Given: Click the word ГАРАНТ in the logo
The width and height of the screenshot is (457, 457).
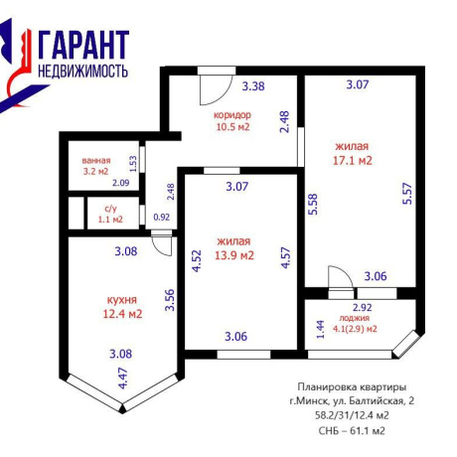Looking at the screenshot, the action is tap(83, 45).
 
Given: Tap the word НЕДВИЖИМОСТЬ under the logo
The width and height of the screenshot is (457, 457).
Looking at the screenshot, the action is tap(82, 71).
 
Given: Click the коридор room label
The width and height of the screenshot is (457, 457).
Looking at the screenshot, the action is tap(232, 115).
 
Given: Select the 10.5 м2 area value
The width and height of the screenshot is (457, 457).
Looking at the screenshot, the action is tap(232, 126).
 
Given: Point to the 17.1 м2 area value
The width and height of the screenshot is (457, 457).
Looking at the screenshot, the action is tap(353, 161).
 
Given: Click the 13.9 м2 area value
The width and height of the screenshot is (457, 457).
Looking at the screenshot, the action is tap(234, 255).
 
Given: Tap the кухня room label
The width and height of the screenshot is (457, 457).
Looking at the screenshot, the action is tap(122, 300).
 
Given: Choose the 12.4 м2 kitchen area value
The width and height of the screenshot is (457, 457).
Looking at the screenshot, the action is tap(122, 313).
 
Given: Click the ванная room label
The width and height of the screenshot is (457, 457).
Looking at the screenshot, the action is tap(96, 161).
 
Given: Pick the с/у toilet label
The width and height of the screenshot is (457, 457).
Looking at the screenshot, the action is tap(110, 209).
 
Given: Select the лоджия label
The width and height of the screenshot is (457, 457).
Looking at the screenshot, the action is tap(355, 318).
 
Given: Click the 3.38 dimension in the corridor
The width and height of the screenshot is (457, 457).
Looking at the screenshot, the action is tap(253, 86).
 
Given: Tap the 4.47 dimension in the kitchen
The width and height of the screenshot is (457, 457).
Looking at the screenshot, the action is tap(123, 379).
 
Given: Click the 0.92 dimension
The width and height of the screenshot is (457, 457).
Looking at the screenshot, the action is tap(162, 218).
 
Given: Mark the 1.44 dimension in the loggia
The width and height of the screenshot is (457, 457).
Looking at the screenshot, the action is tap(321, 330).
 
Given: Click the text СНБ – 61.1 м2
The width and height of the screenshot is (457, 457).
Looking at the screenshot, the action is tap(352, 431).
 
